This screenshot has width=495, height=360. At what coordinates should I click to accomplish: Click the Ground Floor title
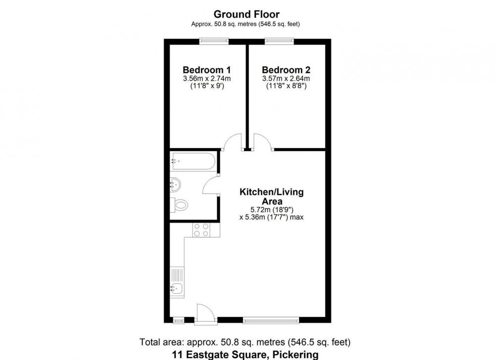click(246, 14)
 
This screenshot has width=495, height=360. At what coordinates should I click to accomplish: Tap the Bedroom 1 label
click(207, 70)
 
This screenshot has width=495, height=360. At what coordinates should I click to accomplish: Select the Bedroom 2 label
click(286, 70)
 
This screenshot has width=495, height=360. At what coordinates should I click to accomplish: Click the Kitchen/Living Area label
click(271, 197)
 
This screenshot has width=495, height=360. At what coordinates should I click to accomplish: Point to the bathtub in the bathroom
click(193, 161)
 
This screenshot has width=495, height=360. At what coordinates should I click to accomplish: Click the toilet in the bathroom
click(179, 206)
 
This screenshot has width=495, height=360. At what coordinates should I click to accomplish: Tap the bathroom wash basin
click(175, 184)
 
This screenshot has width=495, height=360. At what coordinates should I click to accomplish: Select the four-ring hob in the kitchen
click(201, 230)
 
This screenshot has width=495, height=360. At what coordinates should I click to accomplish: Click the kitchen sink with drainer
click(177, 283)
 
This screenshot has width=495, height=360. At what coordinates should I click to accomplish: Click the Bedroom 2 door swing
click(263, 142)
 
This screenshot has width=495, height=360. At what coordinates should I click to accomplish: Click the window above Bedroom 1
click(214, 41)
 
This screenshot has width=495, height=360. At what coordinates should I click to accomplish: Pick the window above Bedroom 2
click(279, 41)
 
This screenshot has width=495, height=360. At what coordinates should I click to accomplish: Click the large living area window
click(271, 320)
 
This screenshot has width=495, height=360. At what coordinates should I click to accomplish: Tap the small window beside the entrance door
click(179, 320)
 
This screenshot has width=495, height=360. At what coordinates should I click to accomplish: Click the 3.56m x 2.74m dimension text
click(207, 79)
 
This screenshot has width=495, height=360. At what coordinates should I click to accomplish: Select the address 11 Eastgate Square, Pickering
click(246, 355)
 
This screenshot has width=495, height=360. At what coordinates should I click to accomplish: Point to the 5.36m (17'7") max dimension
click(271, 217)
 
